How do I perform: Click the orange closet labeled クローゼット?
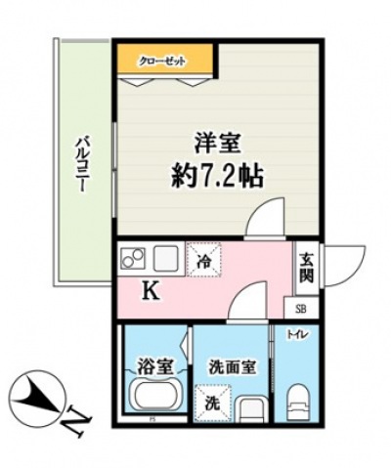pyautogui.click(x=163, y=61)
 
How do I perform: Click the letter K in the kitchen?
pyautogui.click(x=152, y=290)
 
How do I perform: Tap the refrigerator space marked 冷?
pyautogui.click(x=204, y=261)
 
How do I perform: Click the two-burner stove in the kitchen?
pyautogui.click(x=133, y=260)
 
